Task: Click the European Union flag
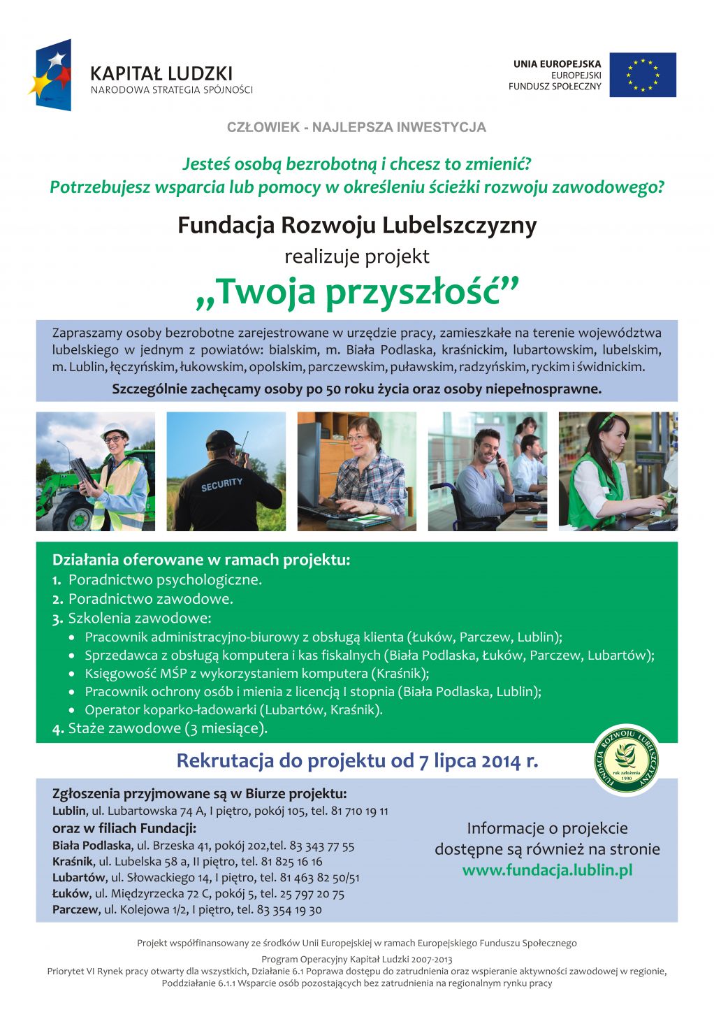point(642,75)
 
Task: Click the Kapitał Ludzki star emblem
point(50,75)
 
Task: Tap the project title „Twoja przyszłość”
point(357,292)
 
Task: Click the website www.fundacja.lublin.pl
point(547,870)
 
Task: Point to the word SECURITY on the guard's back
point(221,484)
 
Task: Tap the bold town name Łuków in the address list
point(71,894)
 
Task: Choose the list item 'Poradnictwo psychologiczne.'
point(165,580)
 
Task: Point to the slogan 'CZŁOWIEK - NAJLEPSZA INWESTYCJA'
point(356,127)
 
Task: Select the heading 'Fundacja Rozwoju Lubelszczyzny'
point(357,226)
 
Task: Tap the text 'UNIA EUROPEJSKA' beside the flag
point(557,64)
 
